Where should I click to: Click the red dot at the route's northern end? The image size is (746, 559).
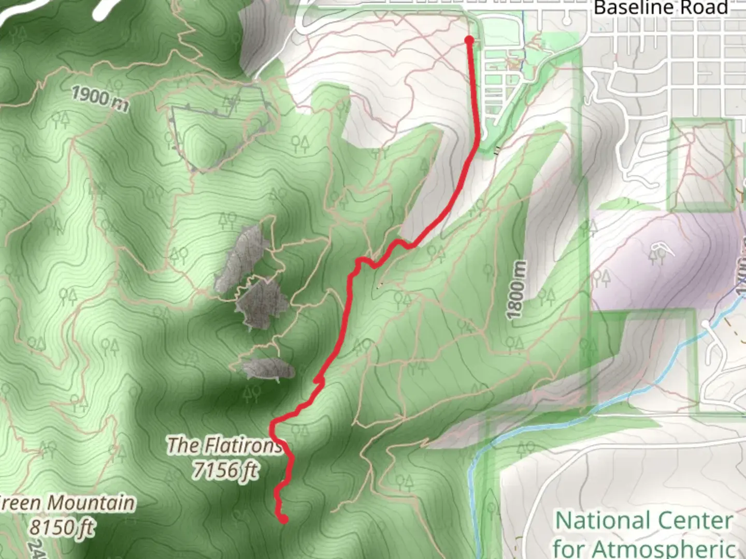tap(469, 40)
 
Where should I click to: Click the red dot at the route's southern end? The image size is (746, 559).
tap(283, 519)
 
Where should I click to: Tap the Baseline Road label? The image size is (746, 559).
tap(661, 8)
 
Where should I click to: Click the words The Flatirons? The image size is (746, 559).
tap(224, 445)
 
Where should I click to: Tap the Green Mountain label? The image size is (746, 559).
tap(67, 503)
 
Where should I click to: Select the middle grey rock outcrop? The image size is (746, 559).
tap(262, 303)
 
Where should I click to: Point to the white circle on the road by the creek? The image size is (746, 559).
tap(707, 324)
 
